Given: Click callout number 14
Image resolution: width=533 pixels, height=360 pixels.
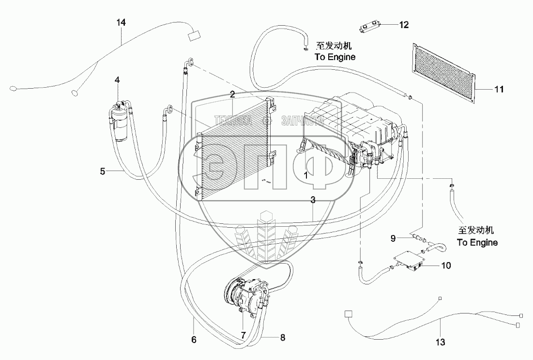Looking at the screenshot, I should (121, 22).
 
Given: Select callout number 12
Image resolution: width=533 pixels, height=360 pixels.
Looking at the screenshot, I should (404, 25).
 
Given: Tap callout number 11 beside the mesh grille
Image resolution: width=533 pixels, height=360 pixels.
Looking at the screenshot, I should (499, 89).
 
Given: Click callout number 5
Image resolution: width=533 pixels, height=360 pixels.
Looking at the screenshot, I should (103, 171).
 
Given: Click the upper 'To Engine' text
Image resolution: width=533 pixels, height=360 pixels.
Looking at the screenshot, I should (335, 57).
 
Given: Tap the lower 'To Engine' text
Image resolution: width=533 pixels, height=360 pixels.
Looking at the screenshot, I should (477, 242).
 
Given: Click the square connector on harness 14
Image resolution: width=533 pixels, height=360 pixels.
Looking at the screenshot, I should (195, 35).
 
